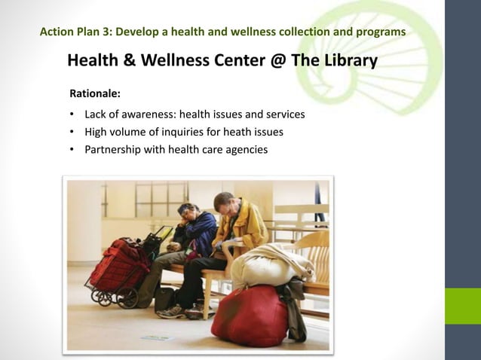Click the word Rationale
coord(95,95)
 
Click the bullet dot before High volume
coord(71,133)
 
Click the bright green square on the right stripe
coord(462,306)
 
